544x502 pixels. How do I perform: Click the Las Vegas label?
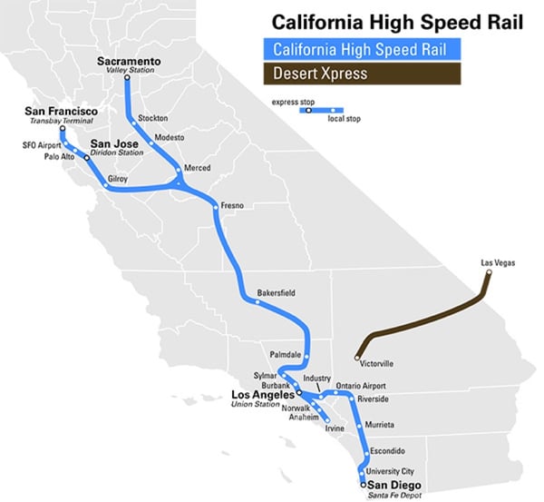tap(498, 263)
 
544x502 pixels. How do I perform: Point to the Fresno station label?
tap(233, 206)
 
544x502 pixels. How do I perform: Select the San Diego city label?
tap(392, 485)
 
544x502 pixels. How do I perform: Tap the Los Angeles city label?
tap(263, 395)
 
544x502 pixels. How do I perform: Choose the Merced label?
tap(197, 169)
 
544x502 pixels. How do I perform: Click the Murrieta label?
tap(382, 425)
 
